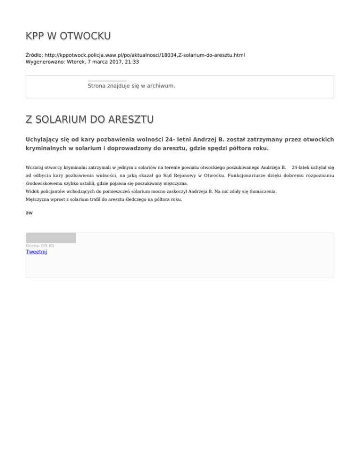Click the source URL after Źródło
point(145,55)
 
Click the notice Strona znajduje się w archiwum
point(131,86)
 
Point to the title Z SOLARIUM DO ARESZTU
point(90,120)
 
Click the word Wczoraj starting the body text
point(36,167)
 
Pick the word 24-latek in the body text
point(302,167)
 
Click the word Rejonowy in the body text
point(177,175)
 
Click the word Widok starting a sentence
point(32,191)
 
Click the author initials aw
point(29,213)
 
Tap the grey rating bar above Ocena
point(51,238)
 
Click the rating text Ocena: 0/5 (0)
point(40,246)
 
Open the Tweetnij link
point(37,252)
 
